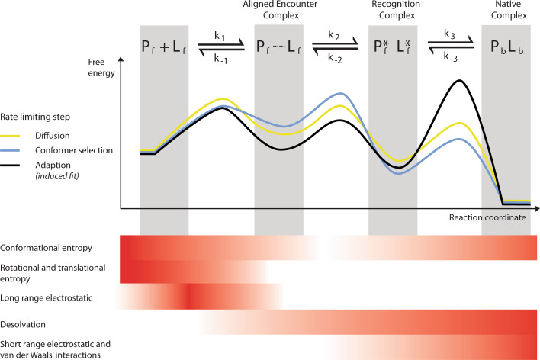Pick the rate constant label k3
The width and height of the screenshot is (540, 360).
[x=449, y=36]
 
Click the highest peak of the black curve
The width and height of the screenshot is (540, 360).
[x=458, y=80]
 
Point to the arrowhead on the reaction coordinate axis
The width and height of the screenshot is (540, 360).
[x=534, y=208]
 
